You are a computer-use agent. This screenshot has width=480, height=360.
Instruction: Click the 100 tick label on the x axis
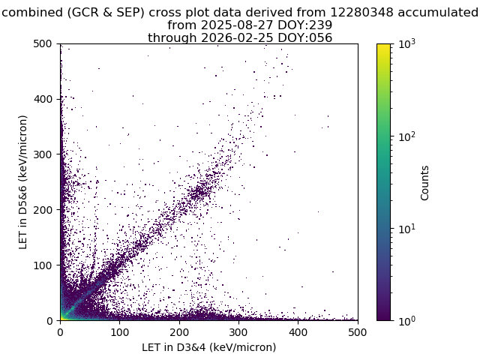tap(120, 332)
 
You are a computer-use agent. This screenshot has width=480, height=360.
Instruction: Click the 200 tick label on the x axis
tap(179, 332)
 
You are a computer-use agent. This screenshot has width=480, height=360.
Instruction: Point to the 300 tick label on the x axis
tap(238, 332)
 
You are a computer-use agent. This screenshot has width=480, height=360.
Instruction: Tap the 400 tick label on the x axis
tap(298, 332)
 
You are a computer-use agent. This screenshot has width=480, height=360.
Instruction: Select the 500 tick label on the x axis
tap(358, 332)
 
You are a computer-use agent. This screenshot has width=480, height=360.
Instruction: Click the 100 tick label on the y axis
tap(43, 265)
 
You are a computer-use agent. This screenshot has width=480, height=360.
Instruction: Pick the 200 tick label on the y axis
tap(43, 210)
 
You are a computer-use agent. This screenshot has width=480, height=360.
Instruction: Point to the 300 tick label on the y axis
tap(43, 154)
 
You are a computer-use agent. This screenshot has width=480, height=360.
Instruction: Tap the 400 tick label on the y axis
tap(43, 99)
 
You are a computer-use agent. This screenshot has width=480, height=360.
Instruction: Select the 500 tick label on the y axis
tap(43, 43)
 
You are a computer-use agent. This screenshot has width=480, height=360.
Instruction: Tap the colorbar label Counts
tap(424, 183)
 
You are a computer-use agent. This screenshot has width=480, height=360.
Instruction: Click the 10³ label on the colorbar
tap(407, 44)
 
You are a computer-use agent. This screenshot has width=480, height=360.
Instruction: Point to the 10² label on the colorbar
tap(407, 136)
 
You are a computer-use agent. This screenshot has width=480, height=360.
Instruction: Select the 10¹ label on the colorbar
tap(407, 229)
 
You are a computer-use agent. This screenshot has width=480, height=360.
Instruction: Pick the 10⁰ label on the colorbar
tap(407, 321)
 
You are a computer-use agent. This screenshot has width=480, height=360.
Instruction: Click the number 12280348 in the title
tap(361, 13)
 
